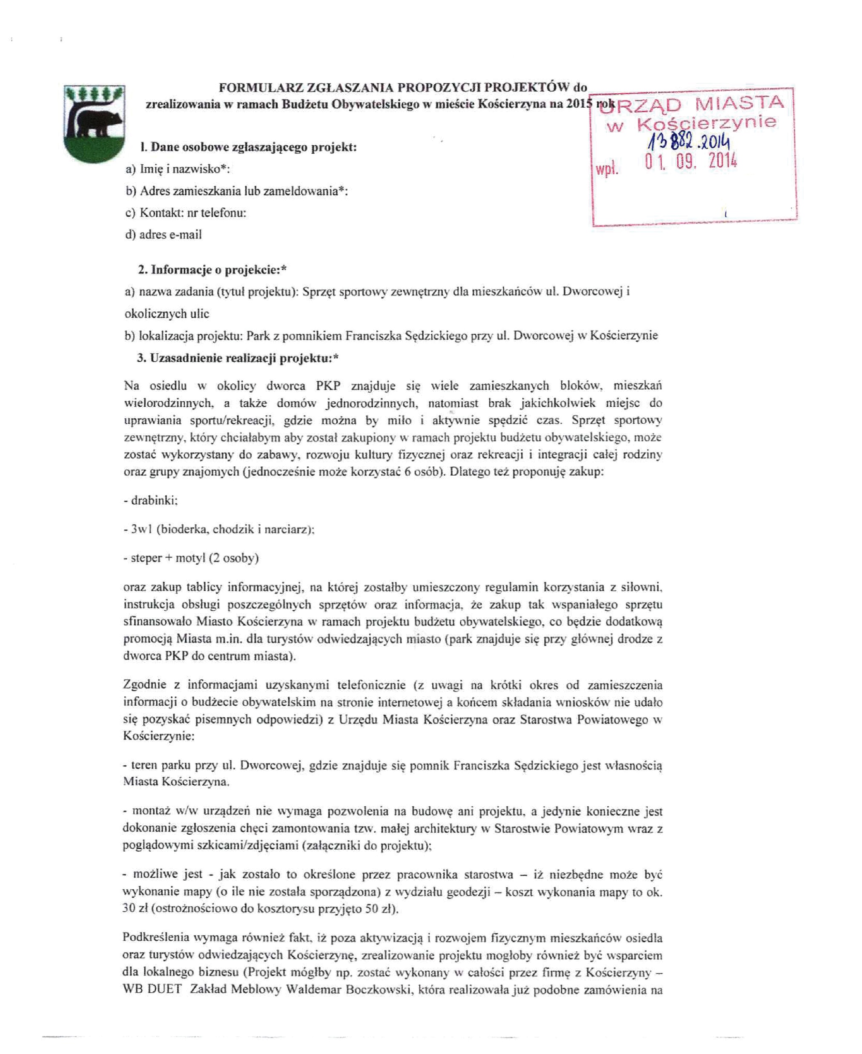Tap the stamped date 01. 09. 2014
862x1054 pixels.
tap(691, 161)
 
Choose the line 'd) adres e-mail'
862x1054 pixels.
tap(164, 235)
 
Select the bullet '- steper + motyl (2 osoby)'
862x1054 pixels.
tap(191, 558)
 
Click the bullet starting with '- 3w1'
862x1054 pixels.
tap(219, 529)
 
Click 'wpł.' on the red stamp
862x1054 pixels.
tap(607, 170)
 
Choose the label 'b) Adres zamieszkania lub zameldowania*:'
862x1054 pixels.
tap(237, 191)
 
